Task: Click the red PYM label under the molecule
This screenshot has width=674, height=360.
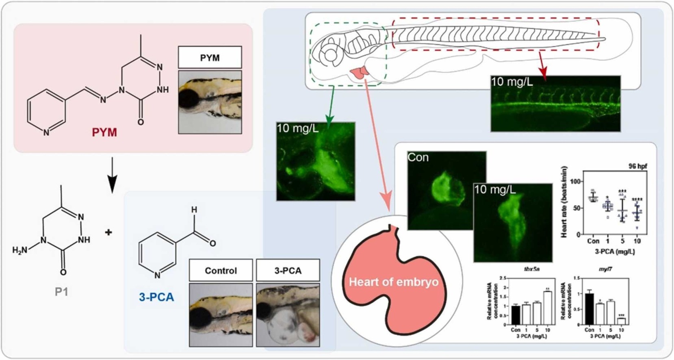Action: click(x=104, y=132)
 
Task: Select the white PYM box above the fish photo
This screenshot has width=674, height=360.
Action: click(x=210, y=58)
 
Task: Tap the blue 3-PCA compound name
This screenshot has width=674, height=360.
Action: click(x=156, y=297)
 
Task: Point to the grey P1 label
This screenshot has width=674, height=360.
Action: click(x=61, y=292)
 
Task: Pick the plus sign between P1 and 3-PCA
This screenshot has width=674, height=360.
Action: click(x=108, y=232)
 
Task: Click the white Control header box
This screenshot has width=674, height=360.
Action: click(x=221, y=271)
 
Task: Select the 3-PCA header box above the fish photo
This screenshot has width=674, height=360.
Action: click(x=288, y=271)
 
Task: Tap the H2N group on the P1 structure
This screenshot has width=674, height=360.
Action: click(x=20, y=250)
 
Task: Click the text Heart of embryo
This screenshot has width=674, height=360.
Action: click(x=393, y=282)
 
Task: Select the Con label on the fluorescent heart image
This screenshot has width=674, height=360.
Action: click(x=418, y=158)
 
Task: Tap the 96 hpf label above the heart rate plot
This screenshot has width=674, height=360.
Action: click(x=637, y=166)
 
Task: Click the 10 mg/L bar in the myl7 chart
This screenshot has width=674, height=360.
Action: click(x=621, y=321)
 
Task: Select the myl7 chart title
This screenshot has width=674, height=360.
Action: click(x=605, y=269)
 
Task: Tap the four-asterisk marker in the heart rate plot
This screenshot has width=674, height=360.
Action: click(x=637, y=200)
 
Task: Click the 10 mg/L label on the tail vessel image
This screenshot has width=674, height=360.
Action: click(x=512, y=82)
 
